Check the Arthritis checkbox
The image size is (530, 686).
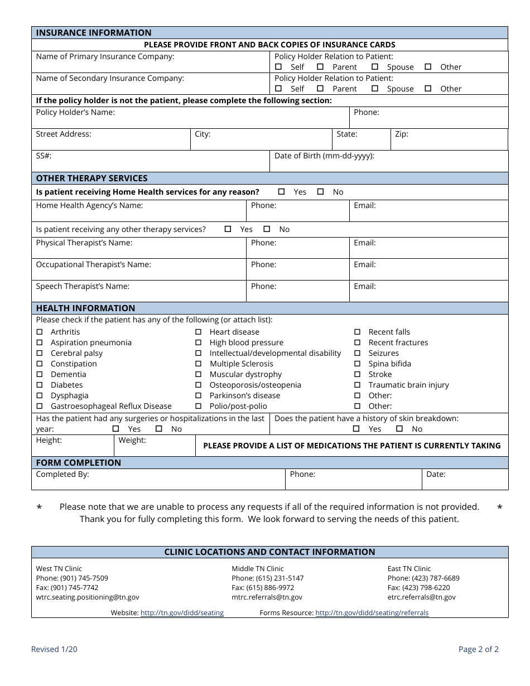(40, 332)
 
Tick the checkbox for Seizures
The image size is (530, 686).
(357, 353)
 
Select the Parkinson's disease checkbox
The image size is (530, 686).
(198, 395)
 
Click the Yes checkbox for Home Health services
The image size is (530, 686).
(281, 192)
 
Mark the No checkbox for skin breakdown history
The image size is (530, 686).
(399, 429)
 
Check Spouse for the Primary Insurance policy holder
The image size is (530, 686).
(375, 67)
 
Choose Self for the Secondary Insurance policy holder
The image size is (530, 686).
(278, 89)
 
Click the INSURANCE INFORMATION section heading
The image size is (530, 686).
(94, 33)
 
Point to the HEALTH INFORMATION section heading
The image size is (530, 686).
(85, 308)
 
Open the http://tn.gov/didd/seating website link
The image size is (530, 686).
(182, 612)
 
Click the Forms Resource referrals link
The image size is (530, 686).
(372, 612)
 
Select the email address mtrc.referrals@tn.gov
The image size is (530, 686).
(267, 597)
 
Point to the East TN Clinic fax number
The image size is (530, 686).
(418, 587)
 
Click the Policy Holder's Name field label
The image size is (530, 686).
(75, 113)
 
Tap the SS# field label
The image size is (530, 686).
(44, 156)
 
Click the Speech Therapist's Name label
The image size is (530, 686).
(83, 287)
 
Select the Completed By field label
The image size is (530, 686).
(62, 475)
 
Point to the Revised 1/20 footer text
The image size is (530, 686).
(54, 649)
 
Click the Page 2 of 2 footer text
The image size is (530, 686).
(478, 649)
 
